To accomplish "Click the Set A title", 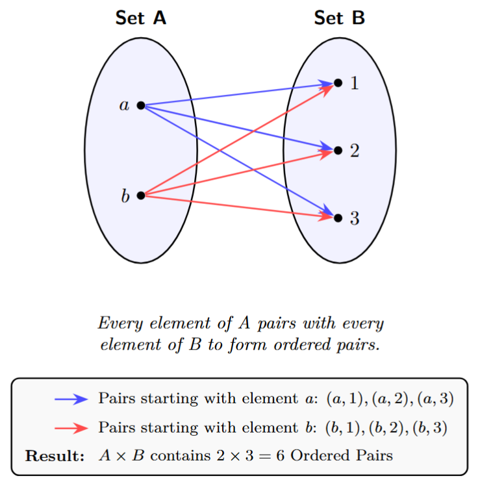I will (x=141, y=18).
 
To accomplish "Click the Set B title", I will (x=339, y=18).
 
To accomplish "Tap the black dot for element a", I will (x=141, y=105).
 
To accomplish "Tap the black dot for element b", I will (x=141, y=195).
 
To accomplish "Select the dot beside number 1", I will (x=338, y=82).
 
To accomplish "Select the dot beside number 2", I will (x=338, y=150).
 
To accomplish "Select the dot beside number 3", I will (x=338, y=218).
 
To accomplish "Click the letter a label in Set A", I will (x=124, y=105).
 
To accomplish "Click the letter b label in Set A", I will (x=125, y=195).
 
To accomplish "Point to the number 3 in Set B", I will (x=355, y=218).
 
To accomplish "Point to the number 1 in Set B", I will (x=355, y=83).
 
